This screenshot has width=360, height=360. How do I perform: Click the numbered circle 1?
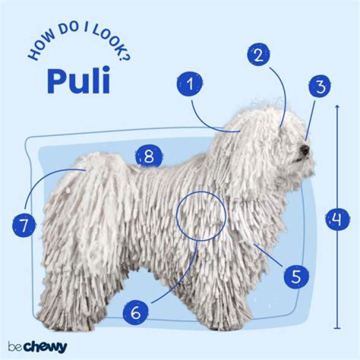pos(190,84)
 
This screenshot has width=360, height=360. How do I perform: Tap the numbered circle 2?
pos(259,55)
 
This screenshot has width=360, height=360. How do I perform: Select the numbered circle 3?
pos(320,86)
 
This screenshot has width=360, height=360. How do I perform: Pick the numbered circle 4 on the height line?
pos(337,218)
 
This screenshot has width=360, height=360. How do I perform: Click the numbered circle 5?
pos(296,276)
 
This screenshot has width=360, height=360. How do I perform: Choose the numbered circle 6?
pos(135,312)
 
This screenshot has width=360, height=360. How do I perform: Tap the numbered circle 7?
pos(24,224)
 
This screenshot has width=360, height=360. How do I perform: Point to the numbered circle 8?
pos(148,157)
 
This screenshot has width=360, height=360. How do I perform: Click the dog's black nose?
pos(304,150)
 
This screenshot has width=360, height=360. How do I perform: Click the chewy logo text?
pos(45,347)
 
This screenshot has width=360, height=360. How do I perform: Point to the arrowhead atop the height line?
pos(337,106)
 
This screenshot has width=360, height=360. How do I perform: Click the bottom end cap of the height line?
pos(337,328)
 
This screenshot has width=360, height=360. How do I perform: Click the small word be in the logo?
pos(15,346)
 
